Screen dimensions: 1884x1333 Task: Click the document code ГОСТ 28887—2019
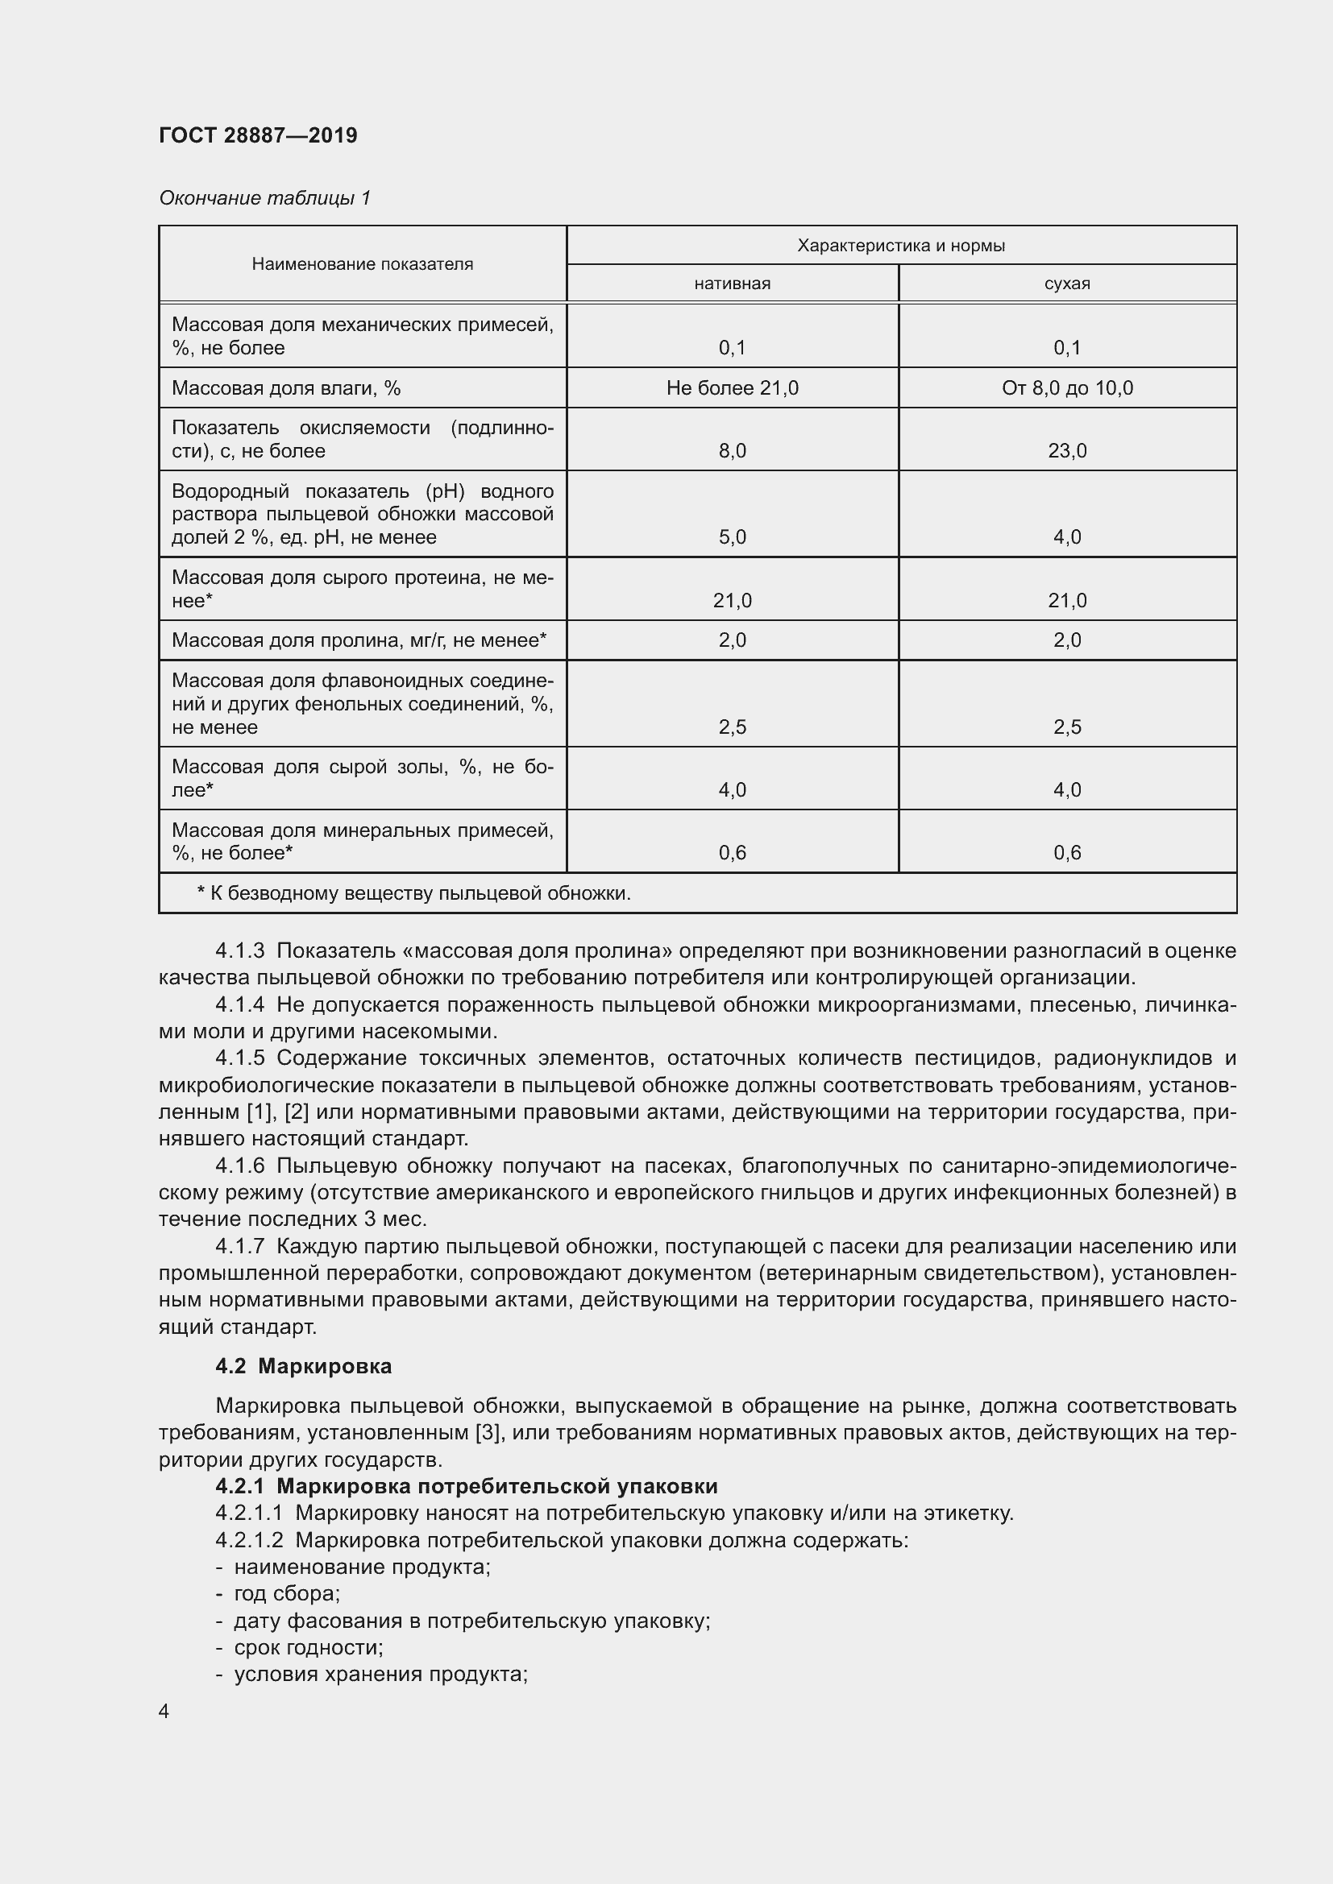(258, 135)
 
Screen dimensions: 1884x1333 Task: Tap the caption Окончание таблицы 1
(264, 198)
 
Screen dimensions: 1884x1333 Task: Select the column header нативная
(732, 284)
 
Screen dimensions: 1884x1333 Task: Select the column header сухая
(1067, 284)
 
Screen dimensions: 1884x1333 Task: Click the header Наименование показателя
(362, 264)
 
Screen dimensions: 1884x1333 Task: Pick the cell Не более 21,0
(732, 388)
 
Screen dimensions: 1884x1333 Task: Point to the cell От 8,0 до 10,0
(1067, 388)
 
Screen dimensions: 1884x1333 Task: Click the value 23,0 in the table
(1067, 450)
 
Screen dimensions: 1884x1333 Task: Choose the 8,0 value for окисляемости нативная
(732, 450)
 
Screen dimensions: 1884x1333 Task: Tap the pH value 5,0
(732, 537)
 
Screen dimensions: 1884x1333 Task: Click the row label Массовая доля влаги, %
(285, 388)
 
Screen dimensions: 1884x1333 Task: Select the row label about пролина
(359, 640)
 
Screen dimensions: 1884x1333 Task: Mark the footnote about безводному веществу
(413, 892)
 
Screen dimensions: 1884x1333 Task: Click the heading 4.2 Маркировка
(303, 1366)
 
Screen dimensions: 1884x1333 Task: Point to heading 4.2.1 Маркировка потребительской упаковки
(466, 1486)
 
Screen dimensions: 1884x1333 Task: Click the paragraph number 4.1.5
(239, 1058)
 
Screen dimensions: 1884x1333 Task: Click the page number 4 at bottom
(164, 1712)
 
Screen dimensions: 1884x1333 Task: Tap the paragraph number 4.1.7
(239, 1246)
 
